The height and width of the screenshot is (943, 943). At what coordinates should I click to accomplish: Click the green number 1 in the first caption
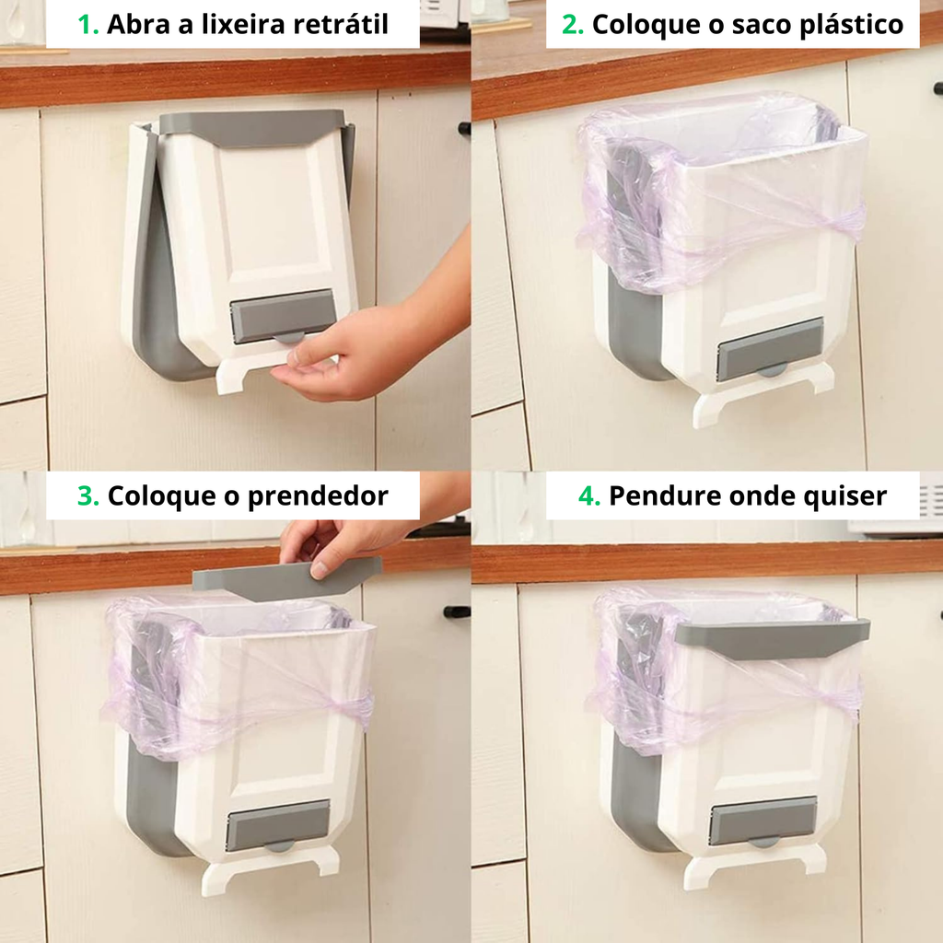tap(87, 25)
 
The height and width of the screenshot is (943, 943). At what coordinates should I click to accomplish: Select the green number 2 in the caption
tap(573, 25)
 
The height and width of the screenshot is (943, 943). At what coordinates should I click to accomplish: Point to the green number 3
tap(87, 496)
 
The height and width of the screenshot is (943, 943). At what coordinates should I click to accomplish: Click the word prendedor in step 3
tap(318, 496)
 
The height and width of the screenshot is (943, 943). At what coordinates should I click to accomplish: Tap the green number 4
tap(589, 496)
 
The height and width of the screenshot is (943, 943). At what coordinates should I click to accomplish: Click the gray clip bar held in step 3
tap(287, 578)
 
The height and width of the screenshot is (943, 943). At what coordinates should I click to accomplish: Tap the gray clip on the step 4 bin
tap(773, 639)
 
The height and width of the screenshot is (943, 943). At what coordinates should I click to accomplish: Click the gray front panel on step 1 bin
tap(282, 315)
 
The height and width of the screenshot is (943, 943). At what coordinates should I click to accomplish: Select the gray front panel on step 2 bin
tap(771, 350)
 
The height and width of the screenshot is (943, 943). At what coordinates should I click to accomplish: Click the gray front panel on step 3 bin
tap(278, 824)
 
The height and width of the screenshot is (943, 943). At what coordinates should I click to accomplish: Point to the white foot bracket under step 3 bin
tap(270, 867)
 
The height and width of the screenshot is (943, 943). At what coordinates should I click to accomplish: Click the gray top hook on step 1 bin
tap(252, 127)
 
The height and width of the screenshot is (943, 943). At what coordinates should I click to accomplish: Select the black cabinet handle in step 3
tap(457, 611)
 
